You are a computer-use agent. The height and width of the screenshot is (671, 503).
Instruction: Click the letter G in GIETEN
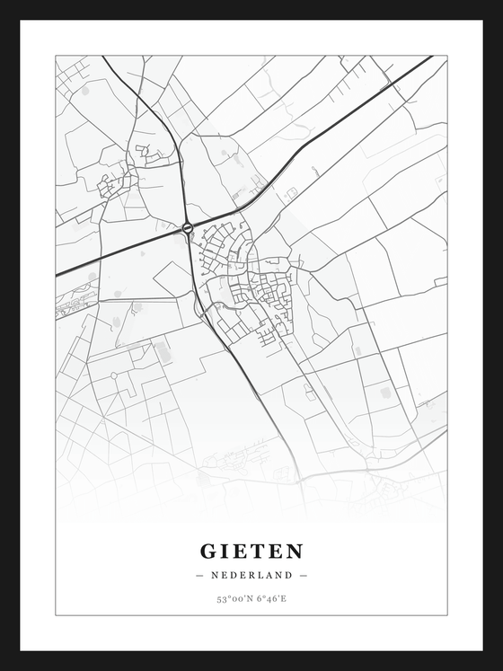(208, 551)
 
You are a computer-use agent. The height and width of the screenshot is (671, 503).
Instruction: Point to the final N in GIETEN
(296, 551)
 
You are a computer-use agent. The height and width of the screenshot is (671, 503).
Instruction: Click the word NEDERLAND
(251, 575)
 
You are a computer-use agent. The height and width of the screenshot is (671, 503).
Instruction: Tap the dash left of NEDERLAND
(199, 575)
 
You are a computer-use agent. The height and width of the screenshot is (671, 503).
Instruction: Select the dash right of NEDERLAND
(304, 575)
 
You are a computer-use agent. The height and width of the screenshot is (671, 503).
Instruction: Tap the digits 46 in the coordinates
(270, 598)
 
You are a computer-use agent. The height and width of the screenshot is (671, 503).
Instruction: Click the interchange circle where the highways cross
(187, 228)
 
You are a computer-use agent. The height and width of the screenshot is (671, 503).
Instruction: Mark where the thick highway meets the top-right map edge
(431, 57)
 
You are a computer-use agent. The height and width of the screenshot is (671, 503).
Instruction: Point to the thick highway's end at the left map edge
(57, 274)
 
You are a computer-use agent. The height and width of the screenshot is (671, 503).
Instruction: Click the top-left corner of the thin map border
(56, 56)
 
